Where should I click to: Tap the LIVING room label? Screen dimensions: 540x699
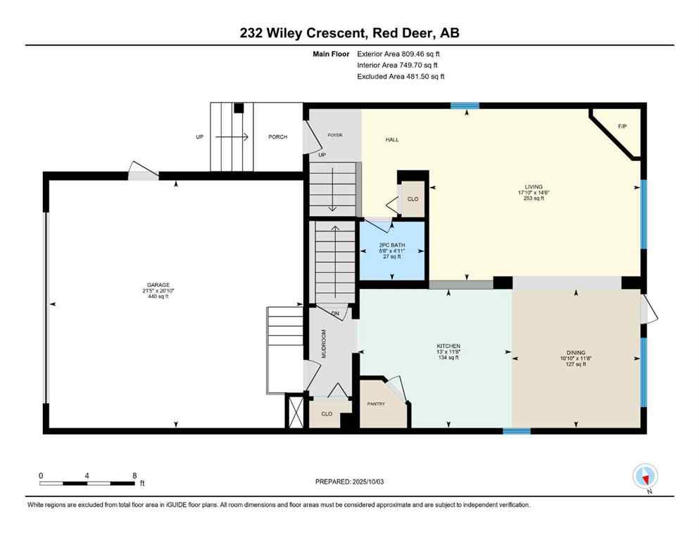534,187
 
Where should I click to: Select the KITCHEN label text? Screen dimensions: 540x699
448,346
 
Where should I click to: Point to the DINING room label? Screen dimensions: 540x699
576,353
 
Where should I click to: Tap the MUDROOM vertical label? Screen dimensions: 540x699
325,344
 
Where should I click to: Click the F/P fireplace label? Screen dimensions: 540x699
622,127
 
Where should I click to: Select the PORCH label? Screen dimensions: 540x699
277,136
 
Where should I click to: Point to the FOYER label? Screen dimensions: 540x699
334,135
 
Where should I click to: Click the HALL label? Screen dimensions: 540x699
392,140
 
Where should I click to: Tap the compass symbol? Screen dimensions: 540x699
646,477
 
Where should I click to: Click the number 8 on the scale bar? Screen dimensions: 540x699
134,475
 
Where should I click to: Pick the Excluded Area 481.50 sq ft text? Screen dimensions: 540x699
401,76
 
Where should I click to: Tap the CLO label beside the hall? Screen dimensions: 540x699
413,199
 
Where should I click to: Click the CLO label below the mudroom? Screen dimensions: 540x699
327,414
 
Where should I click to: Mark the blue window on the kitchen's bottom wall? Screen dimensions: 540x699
517,430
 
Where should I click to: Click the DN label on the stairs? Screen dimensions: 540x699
335,313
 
